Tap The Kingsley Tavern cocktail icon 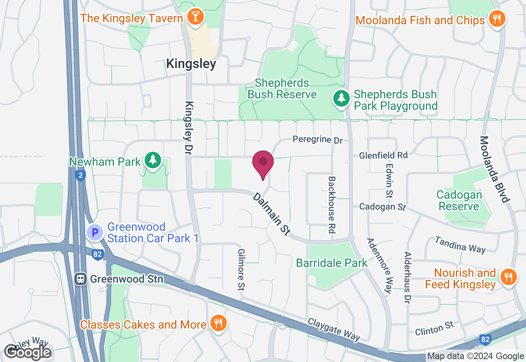pyautogui.click(x=193, y=17)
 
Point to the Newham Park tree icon pyautogui.click(x=153, y=160)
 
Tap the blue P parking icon pyautogui.click(x=95, y=233)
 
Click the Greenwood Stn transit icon pyautogui.click(x=81, y=279)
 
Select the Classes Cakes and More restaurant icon pyautogui.click(x=218, y=323)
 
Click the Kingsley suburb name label pyautogui.click(x=191, y=64)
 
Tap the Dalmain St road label pyautogui.click(x=272, y=214)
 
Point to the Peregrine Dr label pyautogui.click(x=317, y=140)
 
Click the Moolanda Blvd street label pyautogui.click(x=495, y=169)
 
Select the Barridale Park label pyautogui.click(x=332, y=263)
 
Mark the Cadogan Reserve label pyautogui.click(x=459, y=200)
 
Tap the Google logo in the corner pyautogui.click(x=28, y=352)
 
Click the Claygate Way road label pyautogui.click(x=334, y=329)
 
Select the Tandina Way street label pyautogui.click(x=460, y=244)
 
